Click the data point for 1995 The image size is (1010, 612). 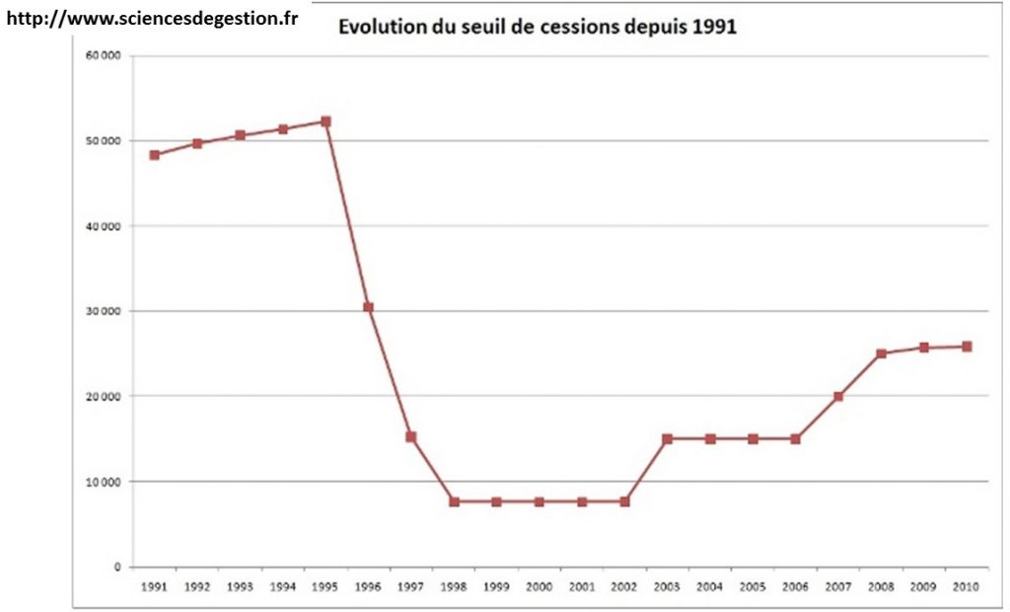tap(325, 121)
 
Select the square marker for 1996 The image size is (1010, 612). tap(368, 307)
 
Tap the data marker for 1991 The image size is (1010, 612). tap(155, 155)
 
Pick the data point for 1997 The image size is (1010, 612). tap(411, 436)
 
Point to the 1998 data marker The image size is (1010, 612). tap(454, 501)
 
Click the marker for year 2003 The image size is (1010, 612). tap(668, 438)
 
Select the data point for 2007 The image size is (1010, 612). tap(838, 396)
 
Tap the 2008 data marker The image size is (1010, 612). tap(881, 353)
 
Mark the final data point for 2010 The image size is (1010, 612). tap(967, 346)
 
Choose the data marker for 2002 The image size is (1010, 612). tap(624, 501)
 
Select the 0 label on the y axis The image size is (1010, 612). tap(117, 568)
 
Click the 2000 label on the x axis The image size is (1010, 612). tap(539, 586)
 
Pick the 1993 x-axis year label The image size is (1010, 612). tap(240, 586)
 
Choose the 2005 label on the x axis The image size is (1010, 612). tap(753, 586)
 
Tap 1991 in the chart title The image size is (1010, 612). tap(715, 28)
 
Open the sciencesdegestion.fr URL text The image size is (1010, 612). tap(153, 20)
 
